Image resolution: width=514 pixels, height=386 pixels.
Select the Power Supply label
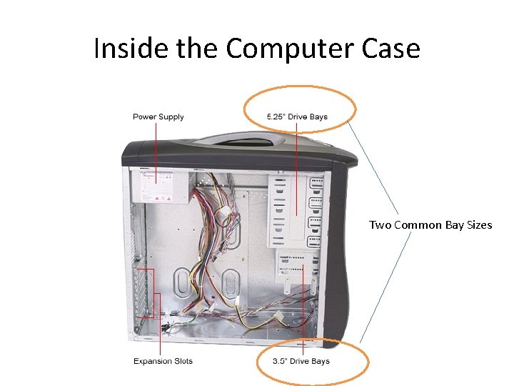[158, 117]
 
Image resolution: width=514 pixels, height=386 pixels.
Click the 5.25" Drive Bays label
[297, 117]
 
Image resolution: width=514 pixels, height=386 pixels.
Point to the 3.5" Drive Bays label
[301, 361]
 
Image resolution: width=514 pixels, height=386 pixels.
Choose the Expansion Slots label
[163, 361]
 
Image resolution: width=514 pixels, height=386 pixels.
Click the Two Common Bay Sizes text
[430, 225]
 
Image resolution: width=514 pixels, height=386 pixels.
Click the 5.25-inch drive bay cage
[296, 207]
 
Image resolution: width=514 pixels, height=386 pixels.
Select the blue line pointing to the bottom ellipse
[385, 286]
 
